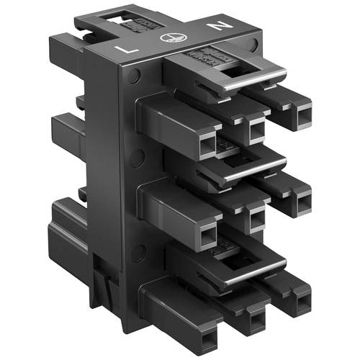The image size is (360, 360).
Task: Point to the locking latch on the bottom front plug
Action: coord(238,268)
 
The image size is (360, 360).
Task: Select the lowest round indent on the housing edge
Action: coord(138,249)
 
